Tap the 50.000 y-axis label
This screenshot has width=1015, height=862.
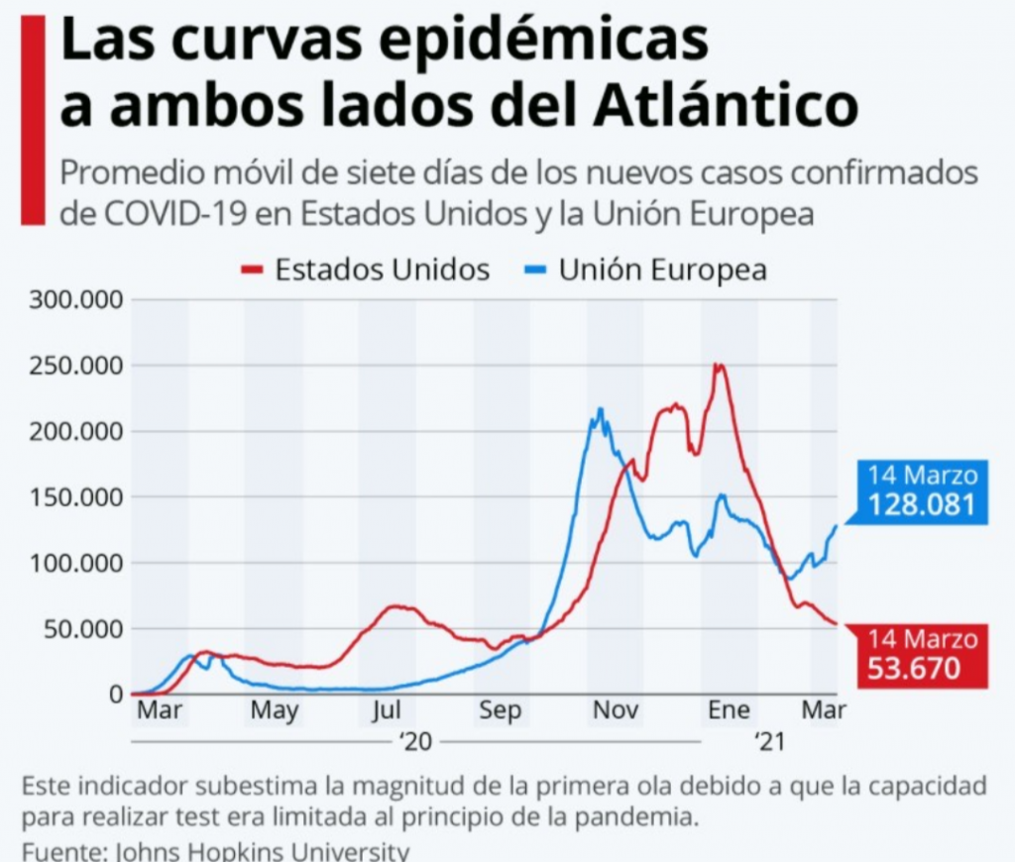(82, 628)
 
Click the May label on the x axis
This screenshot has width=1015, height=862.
(275, 710)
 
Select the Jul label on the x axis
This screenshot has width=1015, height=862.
(387, 710)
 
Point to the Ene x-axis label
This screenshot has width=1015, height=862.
(731, 710)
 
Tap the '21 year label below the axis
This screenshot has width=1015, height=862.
(770, 741)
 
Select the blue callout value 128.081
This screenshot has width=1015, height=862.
(922, 506)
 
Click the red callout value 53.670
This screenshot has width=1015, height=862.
(914, 669)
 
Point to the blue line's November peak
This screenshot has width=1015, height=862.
(600, 409)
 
